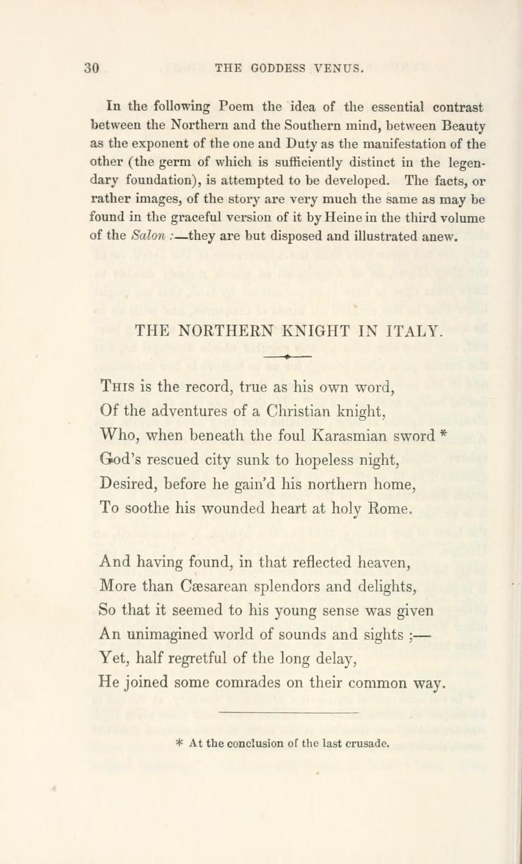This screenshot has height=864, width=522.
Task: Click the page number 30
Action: coord(92,68)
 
